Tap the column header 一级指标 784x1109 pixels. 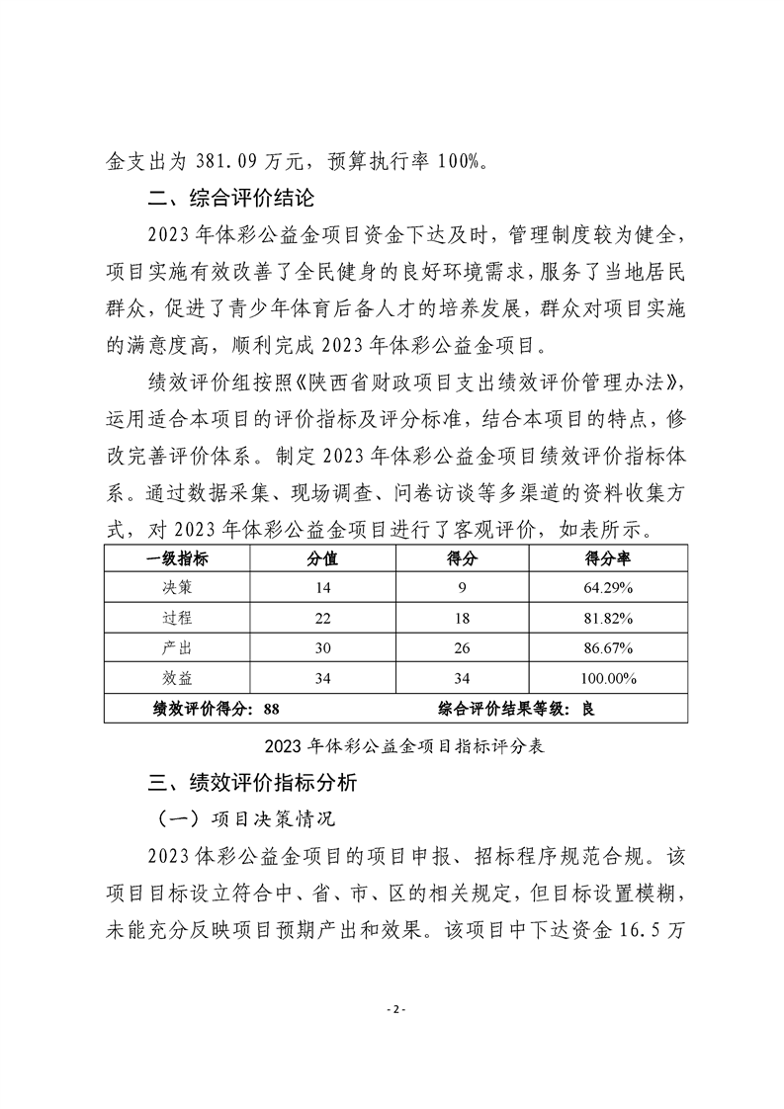click(x=177, y=558)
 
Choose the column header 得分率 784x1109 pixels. click(x=609, y=558)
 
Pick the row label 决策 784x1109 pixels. click(x=177, y=588)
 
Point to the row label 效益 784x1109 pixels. click(x=177, y=678)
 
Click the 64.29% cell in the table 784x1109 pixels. click(x=609, y=588)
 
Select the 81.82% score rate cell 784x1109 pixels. click(x=609, y=619)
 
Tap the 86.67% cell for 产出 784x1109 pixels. click(x=609, y=648)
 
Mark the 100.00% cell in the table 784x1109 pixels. click(x=609, y=678)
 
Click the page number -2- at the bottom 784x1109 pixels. click(x=392, y=1010)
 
